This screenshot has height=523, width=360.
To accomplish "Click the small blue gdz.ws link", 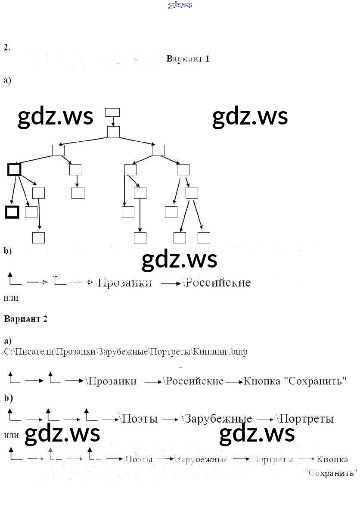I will coord(180,5).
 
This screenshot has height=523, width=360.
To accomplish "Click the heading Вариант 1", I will coord(188,59).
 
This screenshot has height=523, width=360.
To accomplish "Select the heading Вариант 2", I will coord(25,319).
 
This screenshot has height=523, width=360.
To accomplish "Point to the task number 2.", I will coord(6,47).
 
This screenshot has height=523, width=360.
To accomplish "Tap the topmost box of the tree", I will coord(112,112).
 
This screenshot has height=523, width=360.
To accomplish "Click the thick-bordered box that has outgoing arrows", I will coord(14,169).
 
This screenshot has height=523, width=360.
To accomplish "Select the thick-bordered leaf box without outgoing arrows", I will coord(12,212).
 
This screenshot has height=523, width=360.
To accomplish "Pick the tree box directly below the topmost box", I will coord(113,131).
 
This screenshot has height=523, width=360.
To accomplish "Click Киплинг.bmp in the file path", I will coord(220,352).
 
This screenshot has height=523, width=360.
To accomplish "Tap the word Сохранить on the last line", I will coord(332,473).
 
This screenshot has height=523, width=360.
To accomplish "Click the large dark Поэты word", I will coord(140,418).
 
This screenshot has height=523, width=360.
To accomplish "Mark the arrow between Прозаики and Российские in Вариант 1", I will coord(171,283).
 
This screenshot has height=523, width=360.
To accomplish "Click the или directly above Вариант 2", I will coord(11,298).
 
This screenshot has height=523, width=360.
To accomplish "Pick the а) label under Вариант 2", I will coord(7,340).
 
